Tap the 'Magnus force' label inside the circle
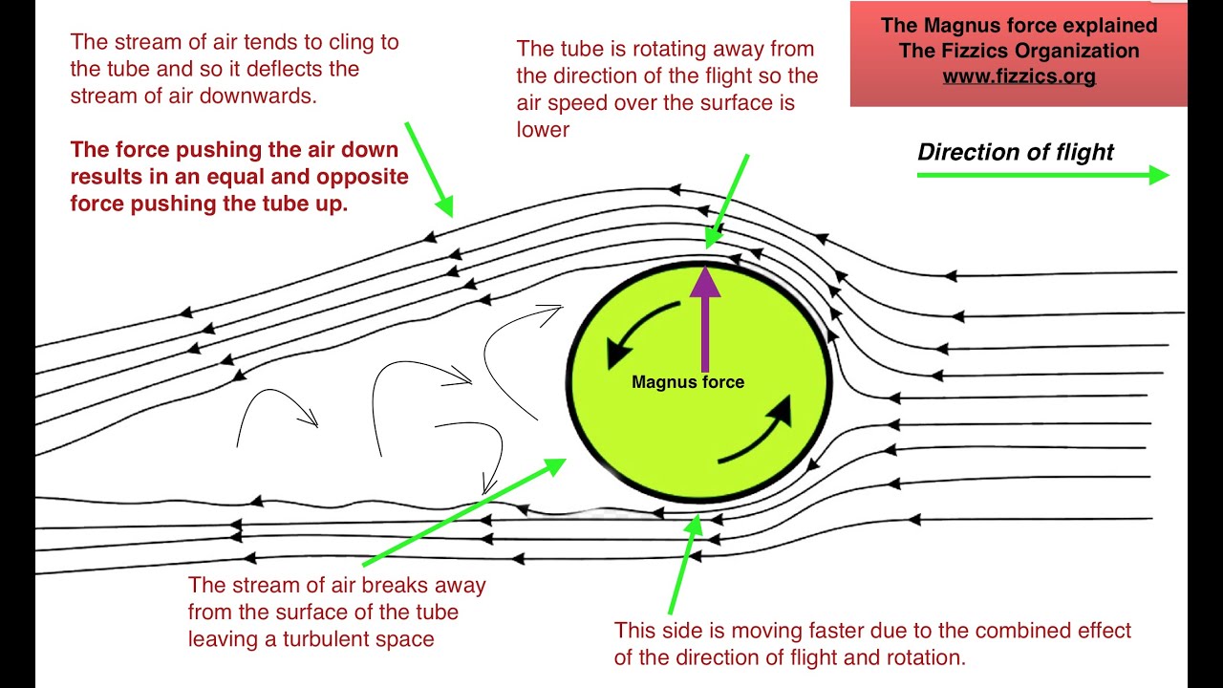(688, 382)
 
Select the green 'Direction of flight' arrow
(1041, 174)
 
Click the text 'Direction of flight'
(1016, 152)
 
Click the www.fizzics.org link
(1019, 76)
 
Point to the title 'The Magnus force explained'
(1019, 26)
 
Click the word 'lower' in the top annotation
(543, 129)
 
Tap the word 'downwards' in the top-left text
(268, 97)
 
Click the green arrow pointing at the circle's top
(727, 202)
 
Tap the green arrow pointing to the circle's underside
(684, 565)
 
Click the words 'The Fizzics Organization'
(1019, 51)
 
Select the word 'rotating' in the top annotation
(652, 48)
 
